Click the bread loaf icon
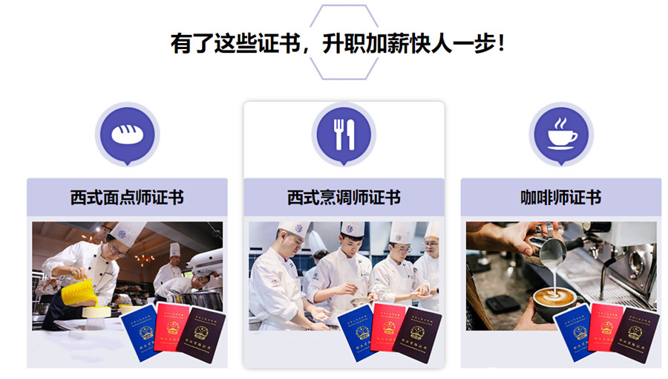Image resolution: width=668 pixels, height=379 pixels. pyautogui.click(x=127, y=134)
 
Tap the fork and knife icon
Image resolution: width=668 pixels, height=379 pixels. pyautogui.click(x=344, y=134)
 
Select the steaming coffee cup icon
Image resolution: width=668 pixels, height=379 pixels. pyautogui.click(x=561, y=134)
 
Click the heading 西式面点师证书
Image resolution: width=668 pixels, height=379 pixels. pyautogui.click(x=127, y=198)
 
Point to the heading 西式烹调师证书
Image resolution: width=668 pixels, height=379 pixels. pyautogui.click(x=344, y=198)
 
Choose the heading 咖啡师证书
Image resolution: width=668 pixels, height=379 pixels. pyautogui.click(x=560, y=198)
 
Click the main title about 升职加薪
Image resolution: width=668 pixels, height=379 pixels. pyautogui.click(x=338, y=42)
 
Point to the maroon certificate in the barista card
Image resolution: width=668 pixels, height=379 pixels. pyautogui.click(x=635, y=334)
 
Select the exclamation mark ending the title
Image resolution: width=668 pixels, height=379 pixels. pyautogui.click(x=502, y=42)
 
